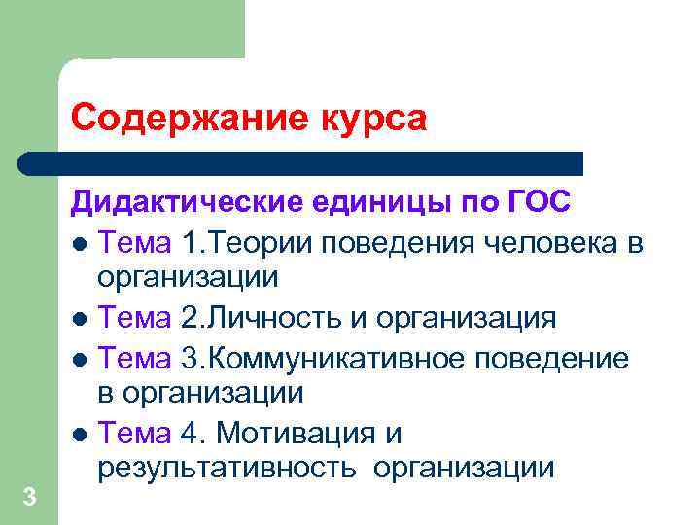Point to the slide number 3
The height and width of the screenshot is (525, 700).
coord(29,498)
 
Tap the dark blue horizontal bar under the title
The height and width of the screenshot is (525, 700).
coord(301,162)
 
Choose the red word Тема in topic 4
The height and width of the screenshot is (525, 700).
coord(134,433)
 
